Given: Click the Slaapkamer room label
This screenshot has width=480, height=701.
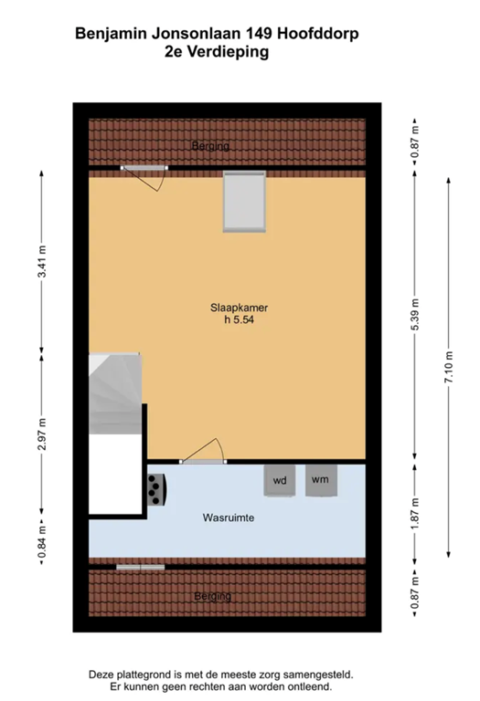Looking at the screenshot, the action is click(240, 308).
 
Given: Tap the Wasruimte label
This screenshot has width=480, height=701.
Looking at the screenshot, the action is click(229, 518).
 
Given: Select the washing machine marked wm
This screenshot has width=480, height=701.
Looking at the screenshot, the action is click(321, 480).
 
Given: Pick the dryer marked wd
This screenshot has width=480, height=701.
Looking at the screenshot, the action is click(280, 481).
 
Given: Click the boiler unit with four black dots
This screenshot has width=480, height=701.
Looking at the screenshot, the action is click(156, 489).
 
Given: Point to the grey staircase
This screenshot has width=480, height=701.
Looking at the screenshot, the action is click(115, 393).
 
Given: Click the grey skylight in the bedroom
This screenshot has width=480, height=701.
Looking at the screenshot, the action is click(244, 201).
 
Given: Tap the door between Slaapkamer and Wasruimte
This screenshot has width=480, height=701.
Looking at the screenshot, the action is click(203, 452).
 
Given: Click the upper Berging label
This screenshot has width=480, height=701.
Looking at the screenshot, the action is click(210, 146).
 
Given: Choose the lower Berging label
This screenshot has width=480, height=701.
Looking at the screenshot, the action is click(213, 596).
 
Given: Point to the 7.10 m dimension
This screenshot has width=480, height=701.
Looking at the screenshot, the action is click(449, 367).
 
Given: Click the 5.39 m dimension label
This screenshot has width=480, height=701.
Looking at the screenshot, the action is click(415, 314).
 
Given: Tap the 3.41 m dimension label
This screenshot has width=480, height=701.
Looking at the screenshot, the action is click(42, 262).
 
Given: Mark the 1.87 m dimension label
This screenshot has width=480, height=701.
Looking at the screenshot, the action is click(415, 513).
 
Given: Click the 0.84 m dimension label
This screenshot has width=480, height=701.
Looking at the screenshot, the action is click(42, 543).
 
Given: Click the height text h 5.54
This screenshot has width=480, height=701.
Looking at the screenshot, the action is click(240, 319).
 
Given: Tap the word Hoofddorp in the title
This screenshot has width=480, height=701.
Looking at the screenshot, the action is click(318, 34).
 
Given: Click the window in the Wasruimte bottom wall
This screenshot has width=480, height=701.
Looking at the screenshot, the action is click(141, 568).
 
